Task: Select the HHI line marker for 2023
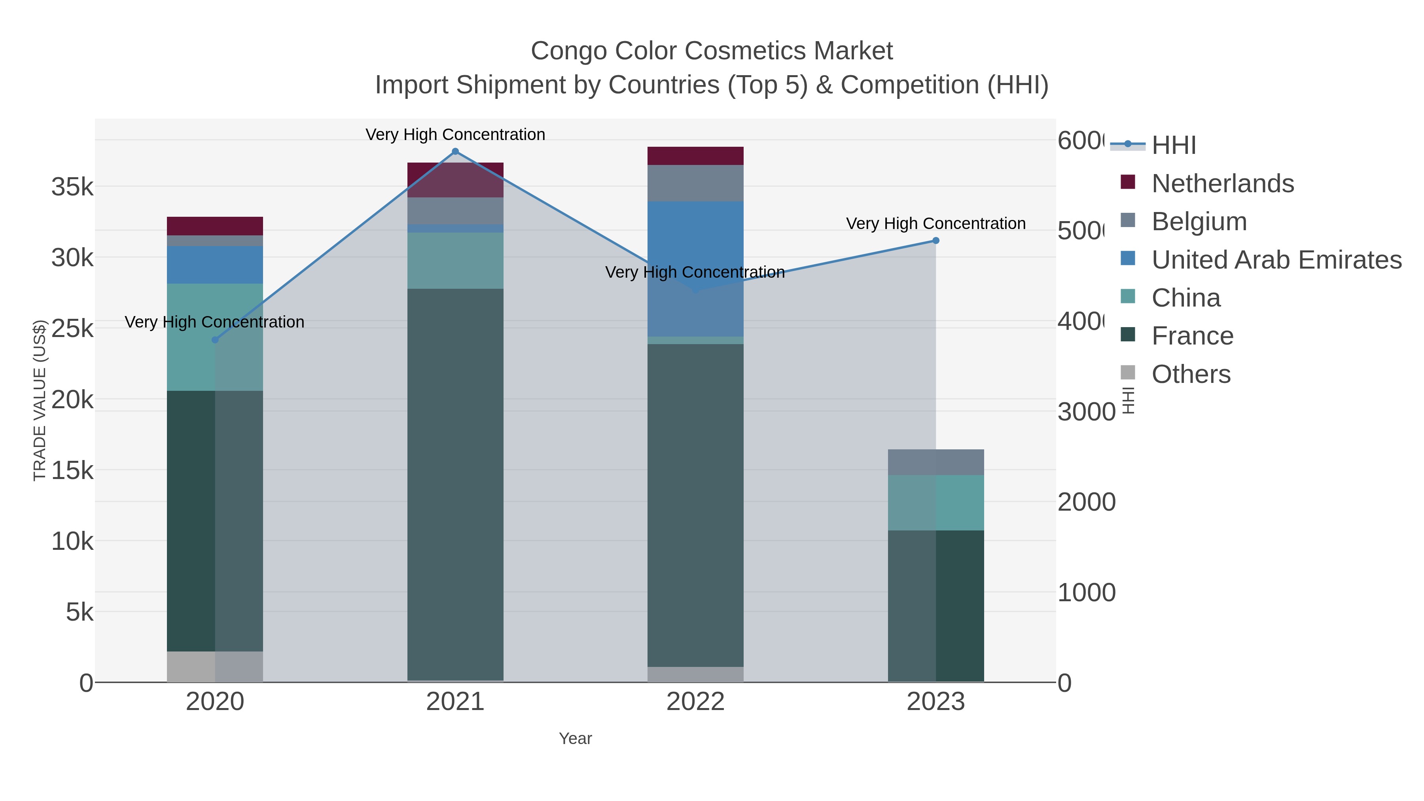[935, 240]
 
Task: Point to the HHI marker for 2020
[215, 339]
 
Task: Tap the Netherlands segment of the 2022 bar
[695, 156]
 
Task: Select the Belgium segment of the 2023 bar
[935, 462]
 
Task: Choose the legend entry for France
[1192, 335]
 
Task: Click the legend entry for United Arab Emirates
[1276, 259]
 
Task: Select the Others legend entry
[1190, 374]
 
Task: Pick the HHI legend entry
[1173, 145]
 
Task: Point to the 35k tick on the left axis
[72, 187]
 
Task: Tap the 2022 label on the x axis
[695, 701]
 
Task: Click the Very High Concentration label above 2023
[935, 223]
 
